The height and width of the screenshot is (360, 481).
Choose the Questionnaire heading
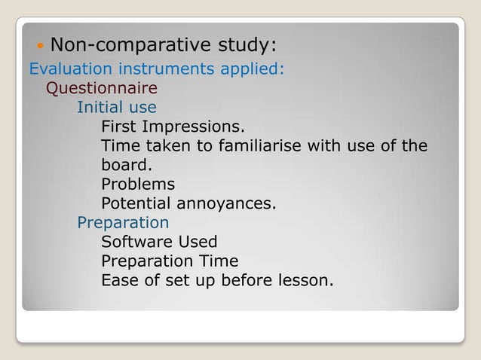click(x=102, y=88)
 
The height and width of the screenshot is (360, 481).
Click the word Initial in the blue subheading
click(x=102, y=107)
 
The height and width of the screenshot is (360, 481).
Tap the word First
click(x=118, y=126)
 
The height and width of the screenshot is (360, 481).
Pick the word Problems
click(x=138, y=184)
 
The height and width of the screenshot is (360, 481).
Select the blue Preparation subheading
click(x=123, y=223)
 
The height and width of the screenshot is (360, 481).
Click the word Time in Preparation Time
click(x=220, y=261)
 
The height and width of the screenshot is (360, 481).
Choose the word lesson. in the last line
click(x=307, y=281)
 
